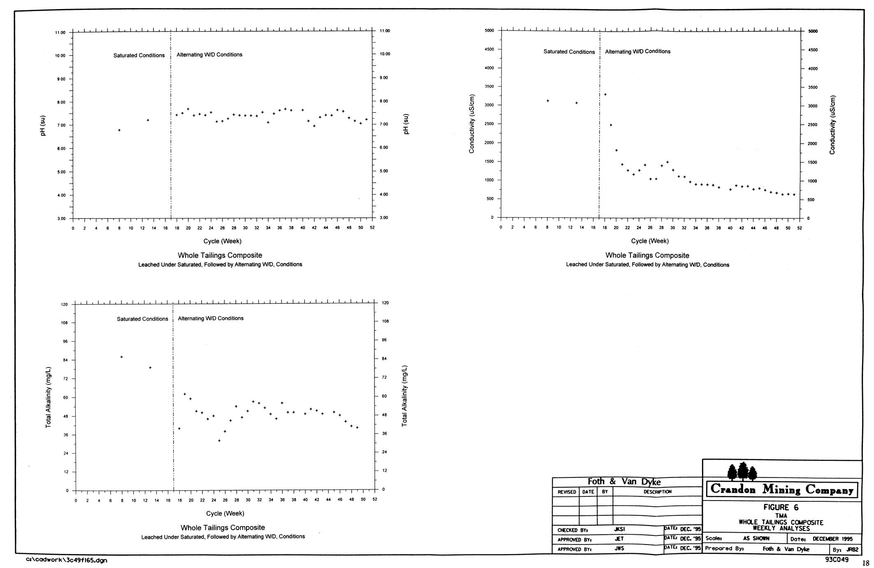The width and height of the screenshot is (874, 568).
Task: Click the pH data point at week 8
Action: point(119,130)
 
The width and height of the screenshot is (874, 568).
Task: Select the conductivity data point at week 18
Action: point(605,95)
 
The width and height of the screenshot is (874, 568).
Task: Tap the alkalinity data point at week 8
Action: point(121,357)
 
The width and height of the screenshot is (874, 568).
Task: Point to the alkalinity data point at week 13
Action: point(150,368)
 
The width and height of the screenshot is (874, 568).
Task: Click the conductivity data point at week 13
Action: point(576,103)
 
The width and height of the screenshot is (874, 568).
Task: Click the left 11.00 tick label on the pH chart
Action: point(60,33)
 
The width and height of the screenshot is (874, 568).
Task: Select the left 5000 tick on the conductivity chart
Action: point(489,30)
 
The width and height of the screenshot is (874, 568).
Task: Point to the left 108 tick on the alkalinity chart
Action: point(65,323)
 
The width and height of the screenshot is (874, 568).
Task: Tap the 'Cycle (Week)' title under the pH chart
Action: point(222,241)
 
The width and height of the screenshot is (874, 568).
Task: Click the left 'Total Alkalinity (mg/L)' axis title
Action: point(49,397)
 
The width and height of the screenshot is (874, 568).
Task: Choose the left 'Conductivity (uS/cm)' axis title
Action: point(472,124)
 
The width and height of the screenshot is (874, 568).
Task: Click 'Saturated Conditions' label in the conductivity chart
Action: point(569,52)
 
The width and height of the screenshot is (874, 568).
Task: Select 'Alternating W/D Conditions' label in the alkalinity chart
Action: point(211,318)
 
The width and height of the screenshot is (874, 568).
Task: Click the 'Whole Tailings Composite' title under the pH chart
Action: point(220,255)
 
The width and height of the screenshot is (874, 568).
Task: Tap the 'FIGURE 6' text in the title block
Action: point(781,507)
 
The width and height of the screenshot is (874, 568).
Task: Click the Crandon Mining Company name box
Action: point(782,490)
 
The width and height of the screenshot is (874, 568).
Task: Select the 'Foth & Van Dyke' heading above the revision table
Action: point(624,482)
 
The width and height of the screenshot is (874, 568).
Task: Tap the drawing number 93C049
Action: point(837,559)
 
